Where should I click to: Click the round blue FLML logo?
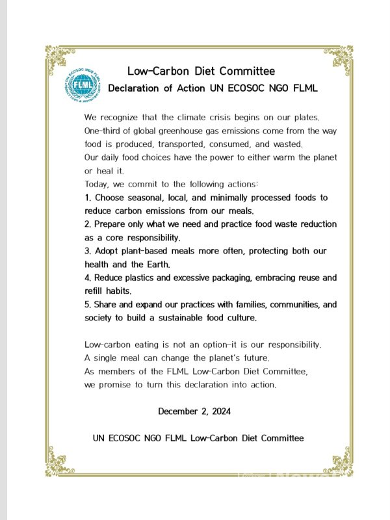[84, 84]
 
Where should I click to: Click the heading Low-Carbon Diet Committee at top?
[201, 71]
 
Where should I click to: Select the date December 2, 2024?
[194, 411]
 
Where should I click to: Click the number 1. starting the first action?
[88, 197]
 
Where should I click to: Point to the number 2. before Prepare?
[88, 224]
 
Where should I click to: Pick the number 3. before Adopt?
[88, 251]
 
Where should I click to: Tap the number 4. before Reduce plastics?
[88, 278]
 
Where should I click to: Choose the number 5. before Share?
[88, 304]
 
